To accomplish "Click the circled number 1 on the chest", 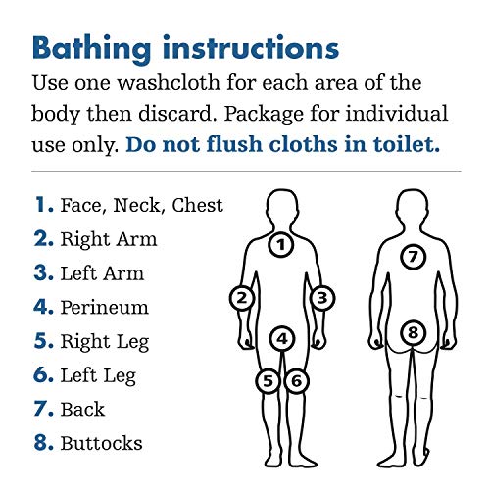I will click(x=281, y=245).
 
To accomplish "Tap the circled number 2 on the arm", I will click(x=242, y=296).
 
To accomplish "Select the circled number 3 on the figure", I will click(x=322, y=296).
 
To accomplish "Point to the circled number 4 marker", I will click(x=282, y=339).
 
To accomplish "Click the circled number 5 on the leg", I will click(x=269, y=379).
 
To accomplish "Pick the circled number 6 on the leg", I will click(x=297, y=379).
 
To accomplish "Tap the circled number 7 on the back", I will click(x=413, y=257).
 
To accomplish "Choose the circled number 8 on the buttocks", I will click(x=413, y=333).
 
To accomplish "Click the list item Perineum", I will click(x=104, y=308).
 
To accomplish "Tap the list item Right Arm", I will click(x=108, y=239).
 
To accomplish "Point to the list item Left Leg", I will click(x=97, y=375).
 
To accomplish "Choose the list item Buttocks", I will click(x=101, y=444).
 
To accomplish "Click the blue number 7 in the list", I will click(x=41, y=410).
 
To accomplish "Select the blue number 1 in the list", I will click(x=41, y=205).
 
